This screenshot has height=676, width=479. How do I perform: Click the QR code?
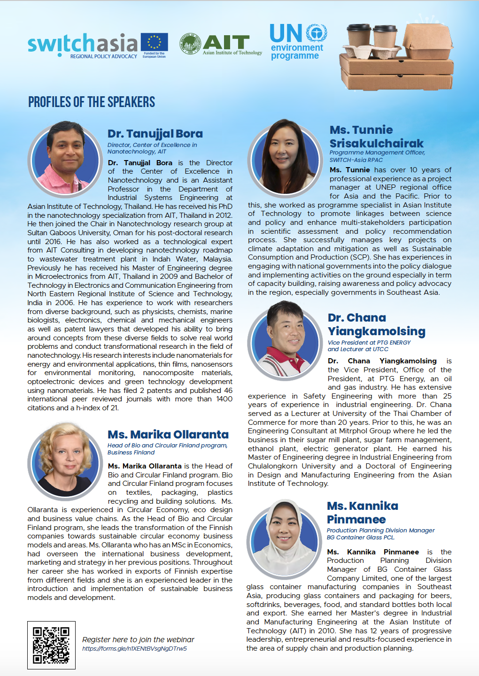click(x=51, y=645)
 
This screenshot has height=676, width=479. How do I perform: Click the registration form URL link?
click(x=134, y=649)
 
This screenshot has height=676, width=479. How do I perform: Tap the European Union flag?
click(x=154, y=42)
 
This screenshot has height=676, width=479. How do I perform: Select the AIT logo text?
click(x=226, y=43)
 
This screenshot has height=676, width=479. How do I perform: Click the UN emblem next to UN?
click(x=317, y=33)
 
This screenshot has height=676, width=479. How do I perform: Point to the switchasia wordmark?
click(x=83, y=43)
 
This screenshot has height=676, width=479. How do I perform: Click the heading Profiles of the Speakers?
click(x=92, y=102)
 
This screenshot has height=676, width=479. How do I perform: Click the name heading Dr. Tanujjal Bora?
click(x=155, y=134)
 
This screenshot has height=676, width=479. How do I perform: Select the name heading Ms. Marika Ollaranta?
click(x=168, y=435)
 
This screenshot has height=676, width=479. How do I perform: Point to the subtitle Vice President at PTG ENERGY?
click(x=369, y=343)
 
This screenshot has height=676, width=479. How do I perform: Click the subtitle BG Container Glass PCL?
click(x=360, y=538)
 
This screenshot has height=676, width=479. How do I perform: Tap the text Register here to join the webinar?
click(x=138, y=639)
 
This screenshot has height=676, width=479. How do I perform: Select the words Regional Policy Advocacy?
click(x=103, y=56)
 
